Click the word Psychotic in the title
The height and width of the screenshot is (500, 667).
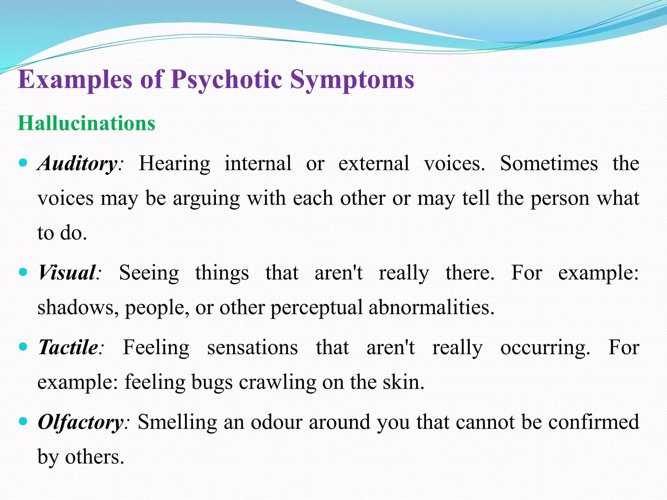(227, 80)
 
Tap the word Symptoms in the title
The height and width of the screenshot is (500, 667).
(352, 80)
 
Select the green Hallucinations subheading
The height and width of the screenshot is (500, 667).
(87, 123)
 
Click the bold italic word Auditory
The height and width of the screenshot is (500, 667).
(78, 163)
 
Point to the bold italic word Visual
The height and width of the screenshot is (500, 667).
(67, 272)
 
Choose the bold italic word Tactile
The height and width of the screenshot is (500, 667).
(68, 347)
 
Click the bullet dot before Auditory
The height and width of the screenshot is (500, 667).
(23, 162)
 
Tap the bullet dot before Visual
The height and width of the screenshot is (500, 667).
(23, 272)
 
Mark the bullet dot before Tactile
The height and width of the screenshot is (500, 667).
(23, 347)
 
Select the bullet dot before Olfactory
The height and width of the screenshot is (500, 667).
(23, 422)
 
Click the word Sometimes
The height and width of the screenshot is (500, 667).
(549, 163)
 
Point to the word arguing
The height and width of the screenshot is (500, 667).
(206, 199)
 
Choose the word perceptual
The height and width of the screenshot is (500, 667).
(316, 308)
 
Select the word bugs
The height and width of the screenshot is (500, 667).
(212, 382)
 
